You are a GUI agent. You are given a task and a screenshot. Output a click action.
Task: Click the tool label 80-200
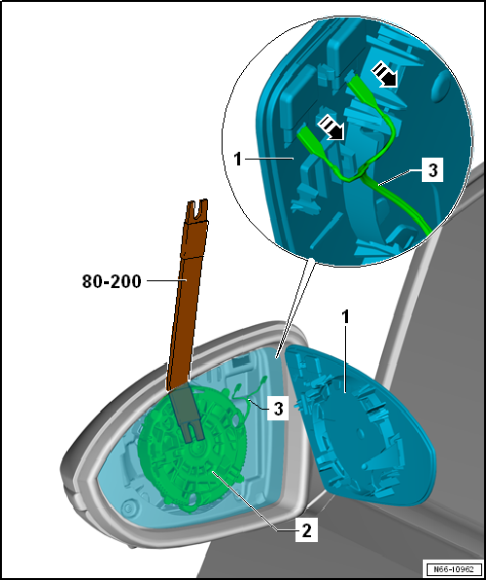pyautogui.click(x=112, y=282)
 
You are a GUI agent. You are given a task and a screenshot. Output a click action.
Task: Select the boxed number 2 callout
pyautogui.click(x=306, y=531)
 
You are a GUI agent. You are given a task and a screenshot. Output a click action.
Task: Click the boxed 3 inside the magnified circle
pyautogui.click(x=432, y=171)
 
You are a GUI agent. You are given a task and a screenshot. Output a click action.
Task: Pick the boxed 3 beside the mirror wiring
pyautogui.click(x=277, y=409)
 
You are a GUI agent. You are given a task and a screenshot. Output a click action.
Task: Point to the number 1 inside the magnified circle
pyautogui.click(x=238, y=160)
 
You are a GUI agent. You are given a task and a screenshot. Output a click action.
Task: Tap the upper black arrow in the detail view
pyautogui.click(x=384, y=74)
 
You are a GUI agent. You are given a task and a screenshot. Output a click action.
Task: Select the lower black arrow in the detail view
pyautogui.click(x=331, y=127)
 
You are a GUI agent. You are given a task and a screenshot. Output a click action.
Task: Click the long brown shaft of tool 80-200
pyautogui.click(x=183, y=304)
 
